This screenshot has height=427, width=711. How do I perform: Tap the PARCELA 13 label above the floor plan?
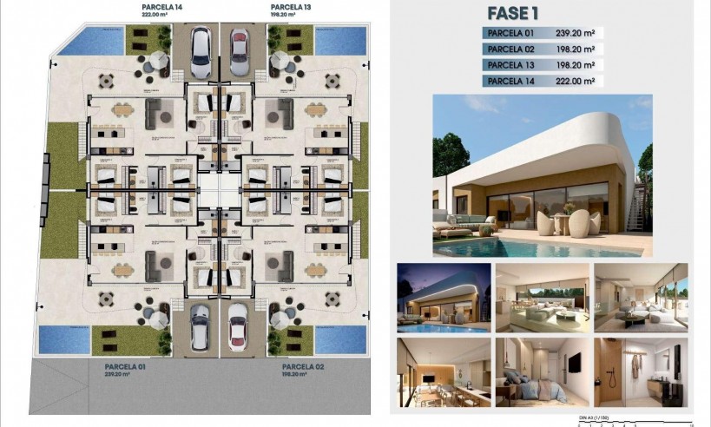click(x=290, y=5)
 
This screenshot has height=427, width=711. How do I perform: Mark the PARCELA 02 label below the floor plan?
click(x=304, y=367)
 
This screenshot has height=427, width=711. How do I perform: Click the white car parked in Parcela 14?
click(x=201, y=52)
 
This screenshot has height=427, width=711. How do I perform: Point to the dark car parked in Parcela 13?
click(x=240, y=52)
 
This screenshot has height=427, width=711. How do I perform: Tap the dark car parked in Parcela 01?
click(x=201, y=325)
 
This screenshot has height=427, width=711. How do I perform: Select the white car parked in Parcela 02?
click(x=238, y=325)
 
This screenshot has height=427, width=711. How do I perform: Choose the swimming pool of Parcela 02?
click(x=339, y=339)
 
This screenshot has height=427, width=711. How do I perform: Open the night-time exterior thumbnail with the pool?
click(x=441, y=296)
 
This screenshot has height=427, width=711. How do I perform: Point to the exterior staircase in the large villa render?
click(x=635, y=208)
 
